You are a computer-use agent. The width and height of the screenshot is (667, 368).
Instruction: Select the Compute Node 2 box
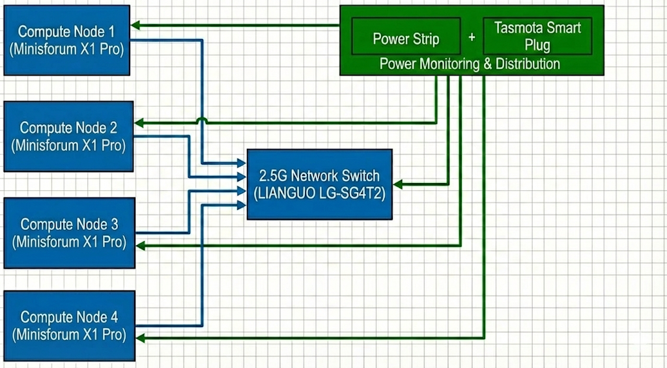tap(68, 136)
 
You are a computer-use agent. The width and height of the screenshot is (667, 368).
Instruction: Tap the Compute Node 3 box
tap(69, 233)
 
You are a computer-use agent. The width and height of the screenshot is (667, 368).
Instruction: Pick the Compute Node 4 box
tap(69, 326)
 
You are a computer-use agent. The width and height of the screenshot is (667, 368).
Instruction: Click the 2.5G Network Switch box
tap(319, 184)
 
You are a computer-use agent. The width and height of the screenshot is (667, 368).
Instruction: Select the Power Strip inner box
tap(406, 38)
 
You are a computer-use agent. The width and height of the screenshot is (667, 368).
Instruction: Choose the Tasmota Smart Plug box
tap(537, 36)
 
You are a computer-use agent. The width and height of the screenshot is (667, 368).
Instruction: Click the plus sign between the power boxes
tap(472, 38)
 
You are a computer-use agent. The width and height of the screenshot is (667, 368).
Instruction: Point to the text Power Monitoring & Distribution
tap(470, 64)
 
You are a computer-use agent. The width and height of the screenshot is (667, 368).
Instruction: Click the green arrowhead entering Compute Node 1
tap(135, 26)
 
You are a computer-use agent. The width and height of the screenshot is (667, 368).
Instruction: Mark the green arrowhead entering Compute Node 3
tap(139, 246)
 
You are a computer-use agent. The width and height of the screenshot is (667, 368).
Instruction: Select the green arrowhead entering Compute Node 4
tap(139, 338)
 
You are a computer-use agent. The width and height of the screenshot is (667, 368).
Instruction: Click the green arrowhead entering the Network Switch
tap(397, 185)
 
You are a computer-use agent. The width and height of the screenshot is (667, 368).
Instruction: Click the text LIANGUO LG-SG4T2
tap(319, 193)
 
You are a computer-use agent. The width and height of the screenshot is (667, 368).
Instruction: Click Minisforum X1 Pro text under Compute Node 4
tap(69, 335)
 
